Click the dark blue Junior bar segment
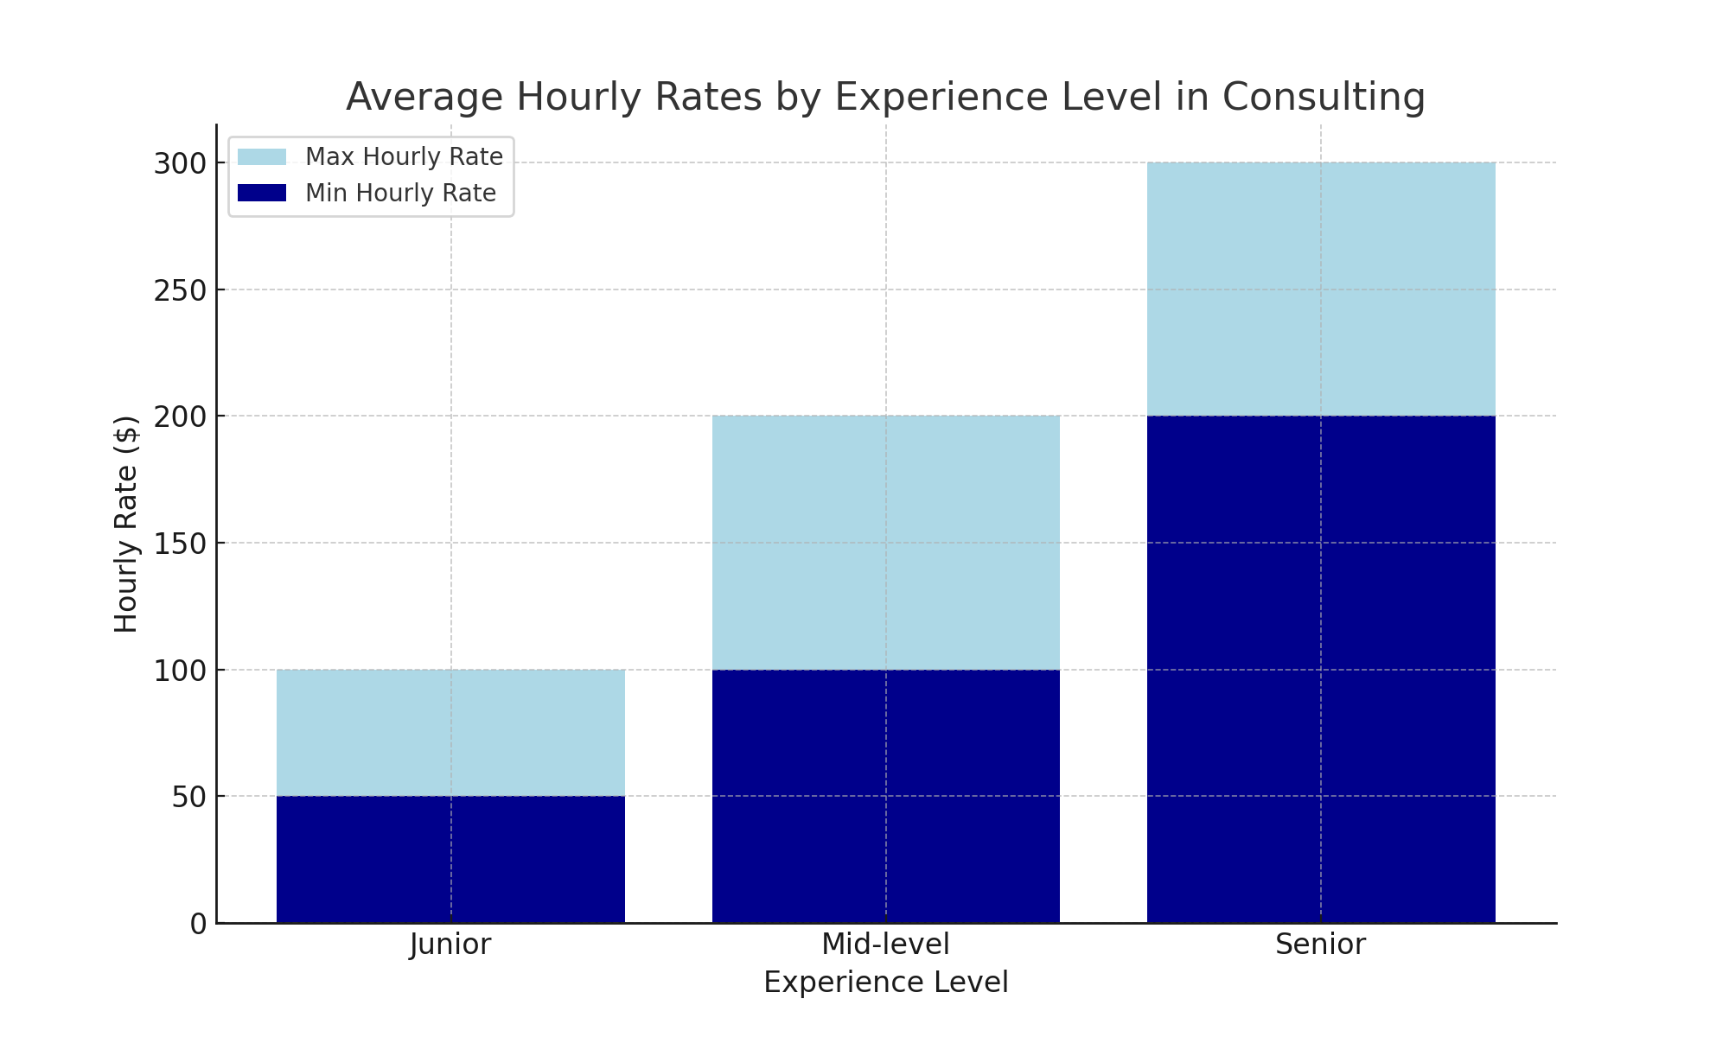click(450, 859)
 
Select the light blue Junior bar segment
click(450, 733)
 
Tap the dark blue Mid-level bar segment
click(885, 796)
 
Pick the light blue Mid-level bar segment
click(885, 543)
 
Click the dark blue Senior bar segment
click(1321, 670)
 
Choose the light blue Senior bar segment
click(1321, 289)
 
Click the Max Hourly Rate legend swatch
click(261, 157)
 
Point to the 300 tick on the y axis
click(181, 163)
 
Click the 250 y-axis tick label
click(181, 290)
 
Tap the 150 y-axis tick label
click(181, 544)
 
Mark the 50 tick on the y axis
click(189, 797)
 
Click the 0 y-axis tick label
click(199, 924)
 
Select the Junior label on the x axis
click(450, 945)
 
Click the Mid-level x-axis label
click(885, 945)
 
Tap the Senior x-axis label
click(1321, 945)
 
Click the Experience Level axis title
click(885, 983)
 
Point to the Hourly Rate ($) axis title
click(126, 525)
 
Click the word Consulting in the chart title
click(1323, 98)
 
